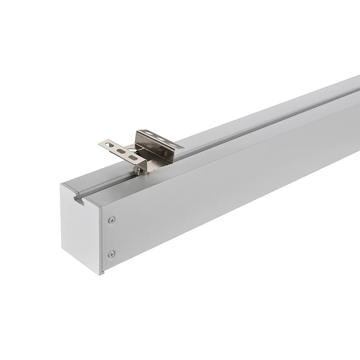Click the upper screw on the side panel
pyautogui.click(x=111, y=220)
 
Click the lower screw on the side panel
pyautogui.click(x=111, y=254)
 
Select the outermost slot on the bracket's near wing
pyautogui.click(x=109, y=145)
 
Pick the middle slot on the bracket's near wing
pyautogui.click(x=121, y=151)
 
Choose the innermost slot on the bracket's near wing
pyautogui.click(x=133, y=157)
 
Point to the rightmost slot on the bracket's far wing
pyautogui.click(x=173, y=144)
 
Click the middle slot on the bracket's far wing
pyautogui.click(x=161, y=139)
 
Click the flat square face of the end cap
pyautogui.click(x=79, y=234)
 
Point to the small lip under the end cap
pyautogui.click(x=103, y=272)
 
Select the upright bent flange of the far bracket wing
pyautogui.click(x=153, y=146)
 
